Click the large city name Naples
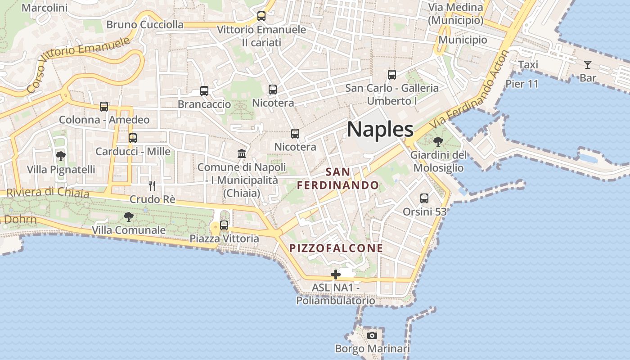tap(380, 130)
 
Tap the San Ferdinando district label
tap(338, 179)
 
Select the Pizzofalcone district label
tap(336, 248)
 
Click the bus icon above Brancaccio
tap(204, 91)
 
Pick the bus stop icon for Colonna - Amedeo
tap(104, 107)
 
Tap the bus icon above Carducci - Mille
tap(132, 138)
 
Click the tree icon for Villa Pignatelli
tap(61, 156)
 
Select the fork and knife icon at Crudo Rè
tap(152, 185)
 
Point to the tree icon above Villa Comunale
tap(129, 217)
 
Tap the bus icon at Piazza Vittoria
tap(224, 225)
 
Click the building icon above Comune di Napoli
tap(242, 154)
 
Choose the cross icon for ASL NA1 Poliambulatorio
tap(335, 274)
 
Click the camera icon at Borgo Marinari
tap(372, 335)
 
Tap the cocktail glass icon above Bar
tap(588, 65)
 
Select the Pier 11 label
tap(522, 84)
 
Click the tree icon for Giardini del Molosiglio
tap(438, 142)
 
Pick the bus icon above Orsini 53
tap(424, 198)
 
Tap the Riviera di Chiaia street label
tap(47, 192)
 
